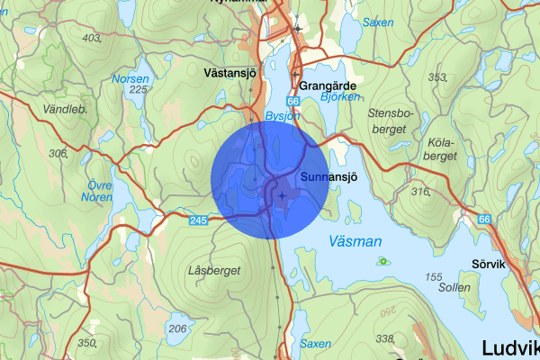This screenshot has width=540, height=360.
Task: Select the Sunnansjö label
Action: (x=329, y=176)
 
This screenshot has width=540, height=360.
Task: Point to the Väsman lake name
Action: (x=355, y=241)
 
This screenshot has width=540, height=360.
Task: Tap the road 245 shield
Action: (x=199, y=219)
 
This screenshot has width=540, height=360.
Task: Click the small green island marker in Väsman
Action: (x=384, y=262)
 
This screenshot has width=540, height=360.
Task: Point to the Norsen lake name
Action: (x=131, y=78)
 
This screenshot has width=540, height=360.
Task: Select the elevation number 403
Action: (x=91, y=38)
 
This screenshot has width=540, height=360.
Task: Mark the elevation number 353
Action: (x=437, y=77)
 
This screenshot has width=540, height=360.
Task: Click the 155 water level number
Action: (x=434, y=277)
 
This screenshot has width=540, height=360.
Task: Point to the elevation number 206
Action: (x=178, y=328)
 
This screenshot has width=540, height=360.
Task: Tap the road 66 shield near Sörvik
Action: (x=485, y=220)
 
